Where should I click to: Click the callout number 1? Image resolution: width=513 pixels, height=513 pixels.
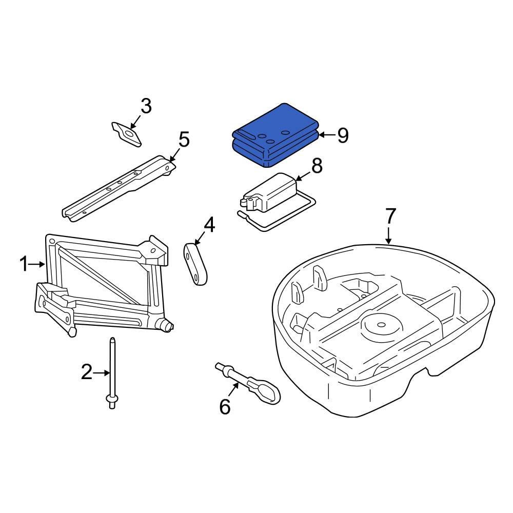pos(24,265)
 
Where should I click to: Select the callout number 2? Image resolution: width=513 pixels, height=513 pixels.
pos(87,372)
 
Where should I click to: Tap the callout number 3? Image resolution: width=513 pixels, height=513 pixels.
pos(146,107)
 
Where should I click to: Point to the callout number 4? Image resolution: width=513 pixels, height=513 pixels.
pos(209,225)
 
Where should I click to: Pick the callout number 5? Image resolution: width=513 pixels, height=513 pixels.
pos(184,139)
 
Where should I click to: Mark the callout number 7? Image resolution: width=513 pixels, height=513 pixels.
pos(390,216)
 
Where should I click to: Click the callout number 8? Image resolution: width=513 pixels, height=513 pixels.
pos(317,166)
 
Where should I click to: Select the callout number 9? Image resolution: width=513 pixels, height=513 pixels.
pos(343,135)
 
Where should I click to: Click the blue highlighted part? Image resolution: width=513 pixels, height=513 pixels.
pos(274,136)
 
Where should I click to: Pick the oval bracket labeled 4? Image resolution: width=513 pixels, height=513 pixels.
pos(196,262)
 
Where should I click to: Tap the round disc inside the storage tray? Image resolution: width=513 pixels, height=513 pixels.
pos(381,326)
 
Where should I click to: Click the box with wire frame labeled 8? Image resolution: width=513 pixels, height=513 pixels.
pos(272,195)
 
